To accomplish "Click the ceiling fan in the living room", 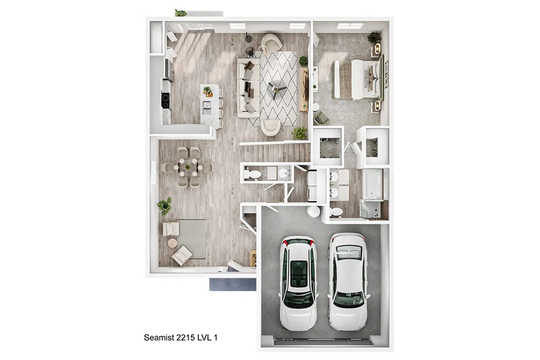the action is coord(277,89).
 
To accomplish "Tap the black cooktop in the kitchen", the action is coord(166,100).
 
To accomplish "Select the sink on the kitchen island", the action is coord(207,108).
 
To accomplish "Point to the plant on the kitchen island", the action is coord(207,91).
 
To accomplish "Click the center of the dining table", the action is coord(188,167).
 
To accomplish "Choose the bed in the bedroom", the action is coord(358,79).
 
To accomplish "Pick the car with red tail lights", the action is coord(298,283).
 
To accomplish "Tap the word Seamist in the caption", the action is coord(159,337).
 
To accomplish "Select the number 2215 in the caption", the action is coord(186,337).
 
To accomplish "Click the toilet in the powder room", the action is coord(253,174).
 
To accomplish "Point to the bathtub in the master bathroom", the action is coord(373,184).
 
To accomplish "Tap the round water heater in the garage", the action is coord(314,211).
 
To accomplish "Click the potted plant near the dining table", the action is coord(165,206).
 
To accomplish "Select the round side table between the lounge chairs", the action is coord(172,243).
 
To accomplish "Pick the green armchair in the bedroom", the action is coord(321,118).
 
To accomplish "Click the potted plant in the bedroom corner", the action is coord(374,37).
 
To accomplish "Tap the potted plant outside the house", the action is coord(181,13).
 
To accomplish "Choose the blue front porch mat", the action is coord(233,285).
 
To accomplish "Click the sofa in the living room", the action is coord(247,88).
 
